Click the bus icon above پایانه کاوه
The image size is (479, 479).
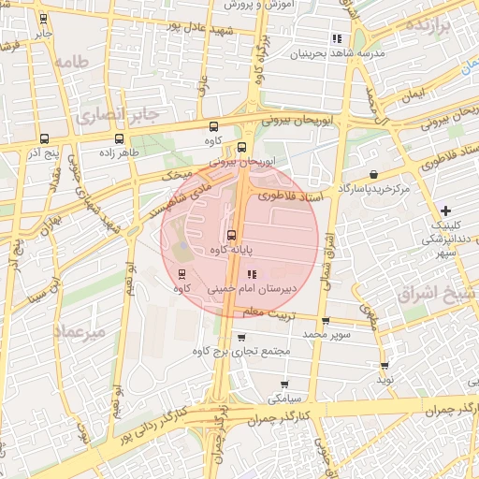click(231, 235)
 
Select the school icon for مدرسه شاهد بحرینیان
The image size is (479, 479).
click(336, 38)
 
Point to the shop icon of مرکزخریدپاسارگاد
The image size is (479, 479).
click(374, 174)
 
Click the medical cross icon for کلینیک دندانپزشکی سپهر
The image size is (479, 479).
click(445, 210)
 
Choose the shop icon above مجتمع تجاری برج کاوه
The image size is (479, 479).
click(242, 337)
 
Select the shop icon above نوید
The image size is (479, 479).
click(384, 366)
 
